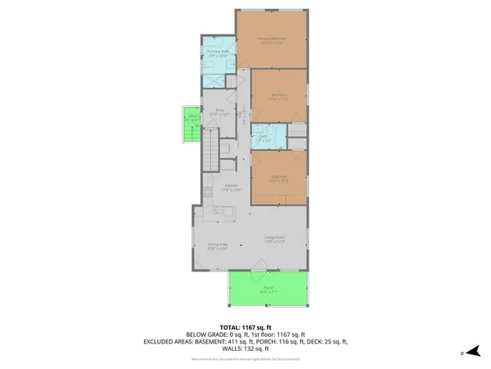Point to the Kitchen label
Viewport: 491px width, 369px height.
point(231,187)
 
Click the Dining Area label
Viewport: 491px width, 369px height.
point(217,244)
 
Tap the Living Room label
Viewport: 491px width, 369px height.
point(273,239)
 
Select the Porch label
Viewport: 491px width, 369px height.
point(268,289)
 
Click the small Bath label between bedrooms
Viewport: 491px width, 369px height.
point(263,139)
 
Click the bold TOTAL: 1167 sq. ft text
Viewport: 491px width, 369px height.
point(245,326)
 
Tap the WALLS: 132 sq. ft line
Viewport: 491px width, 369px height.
point(245,350)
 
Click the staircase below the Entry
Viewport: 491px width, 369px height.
point(212,150)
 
